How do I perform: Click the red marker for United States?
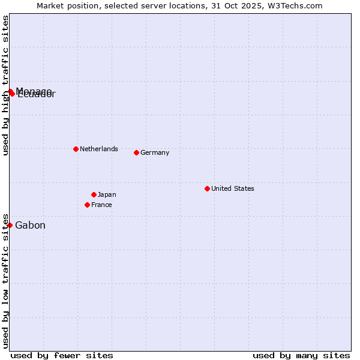207,188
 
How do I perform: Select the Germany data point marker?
136,152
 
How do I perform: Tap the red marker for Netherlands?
76,149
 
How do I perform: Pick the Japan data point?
94,194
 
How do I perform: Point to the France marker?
87,205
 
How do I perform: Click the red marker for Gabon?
10,225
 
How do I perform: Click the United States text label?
233,188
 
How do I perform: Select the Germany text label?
155,152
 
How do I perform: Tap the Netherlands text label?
99,149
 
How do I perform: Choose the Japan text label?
107,194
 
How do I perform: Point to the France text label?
101,205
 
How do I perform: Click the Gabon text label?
30,226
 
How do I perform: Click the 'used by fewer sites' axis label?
62,355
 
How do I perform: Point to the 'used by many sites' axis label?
301,355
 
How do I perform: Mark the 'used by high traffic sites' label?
5,85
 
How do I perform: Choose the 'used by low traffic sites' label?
5,280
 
